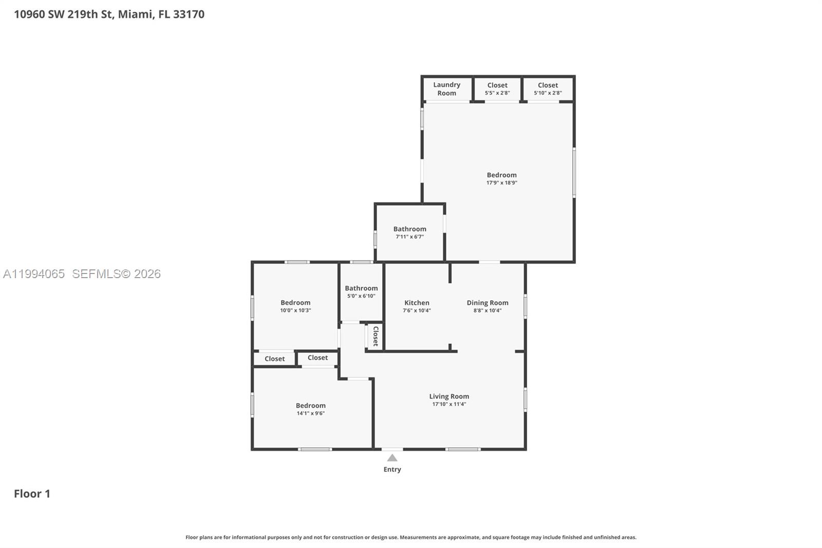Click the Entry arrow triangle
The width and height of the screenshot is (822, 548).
[392, 458]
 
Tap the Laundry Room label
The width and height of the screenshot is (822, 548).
[446, 89]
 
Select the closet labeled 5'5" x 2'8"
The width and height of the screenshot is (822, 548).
[497, 89]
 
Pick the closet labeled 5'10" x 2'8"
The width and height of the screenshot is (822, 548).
[548, 89]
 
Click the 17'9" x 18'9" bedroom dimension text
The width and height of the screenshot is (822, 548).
[501, 182]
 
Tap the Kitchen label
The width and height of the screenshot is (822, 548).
[417, 303]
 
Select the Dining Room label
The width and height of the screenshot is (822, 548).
[487, 303]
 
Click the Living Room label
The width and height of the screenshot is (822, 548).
[449, 396]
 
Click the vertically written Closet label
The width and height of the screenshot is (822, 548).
[376, 336]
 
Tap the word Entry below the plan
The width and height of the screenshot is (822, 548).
[392, 469]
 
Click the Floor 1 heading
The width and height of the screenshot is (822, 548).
[32, 494]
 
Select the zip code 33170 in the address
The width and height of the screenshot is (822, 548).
[189, 14]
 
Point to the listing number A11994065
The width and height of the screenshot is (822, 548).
[34, 274]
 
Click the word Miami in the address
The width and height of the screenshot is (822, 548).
[135, 14]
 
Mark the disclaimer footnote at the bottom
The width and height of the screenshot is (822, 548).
[410, 537]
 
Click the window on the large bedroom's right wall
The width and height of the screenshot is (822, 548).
[574, 172]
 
